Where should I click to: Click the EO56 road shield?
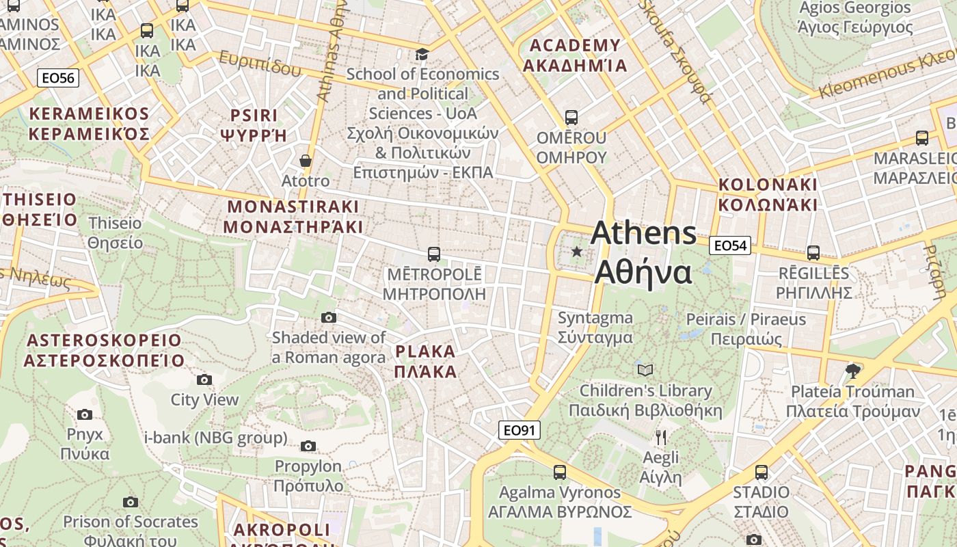coord(58,78)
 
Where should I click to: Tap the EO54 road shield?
coord(729,245)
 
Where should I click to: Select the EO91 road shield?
coord(519,430)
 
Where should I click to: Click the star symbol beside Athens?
coord(577,252)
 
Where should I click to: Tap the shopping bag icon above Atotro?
coord(306,161)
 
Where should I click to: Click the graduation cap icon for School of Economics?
coord(422,54)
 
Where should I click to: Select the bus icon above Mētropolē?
coord(433,254)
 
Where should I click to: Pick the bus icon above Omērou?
coord(571,118)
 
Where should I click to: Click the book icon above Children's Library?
coord(645,371)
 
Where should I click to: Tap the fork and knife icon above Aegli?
coord(660,438)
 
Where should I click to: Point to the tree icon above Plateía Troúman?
coord(852,371)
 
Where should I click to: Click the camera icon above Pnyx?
coord(85,414)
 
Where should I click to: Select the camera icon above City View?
coord(204,380)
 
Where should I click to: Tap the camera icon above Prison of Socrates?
coord(130,503)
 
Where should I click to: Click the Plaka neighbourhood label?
coord(425,362)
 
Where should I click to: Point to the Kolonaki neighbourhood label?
coord(768,195)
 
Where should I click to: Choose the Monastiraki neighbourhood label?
coord(293,216)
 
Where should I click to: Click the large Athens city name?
coord(643,252)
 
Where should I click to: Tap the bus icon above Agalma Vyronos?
coord(559,472)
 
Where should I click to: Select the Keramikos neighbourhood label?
coord(89,123)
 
